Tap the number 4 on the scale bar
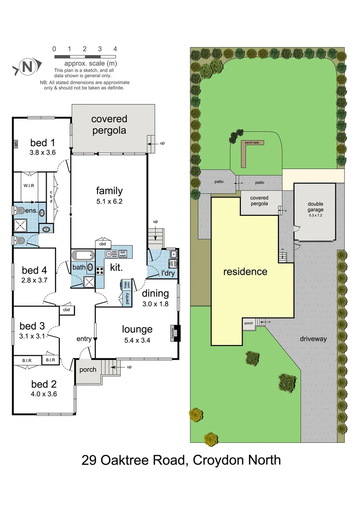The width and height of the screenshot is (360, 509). [x=115, y=49]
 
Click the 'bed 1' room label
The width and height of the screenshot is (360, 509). [x=43, y=142]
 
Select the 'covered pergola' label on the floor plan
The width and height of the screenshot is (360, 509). [x=109, y=125]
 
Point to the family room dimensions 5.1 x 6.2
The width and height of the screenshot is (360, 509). [x=109, y=201]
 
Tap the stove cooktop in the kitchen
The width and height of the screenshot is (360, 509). [x=100, y=271]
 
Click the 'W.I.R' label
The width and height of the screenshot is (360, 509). [x=29, y=186]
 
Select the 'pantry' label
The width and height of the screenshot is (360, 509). [x=126, y=298]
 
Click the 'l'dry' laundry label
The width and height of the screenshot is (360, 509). [x=168, y=273]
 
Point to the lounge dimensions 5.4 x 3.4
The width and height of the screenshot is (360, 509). [x=137, y=340]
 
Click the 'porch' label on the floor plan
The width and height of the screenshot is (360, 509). [x=87, y=369]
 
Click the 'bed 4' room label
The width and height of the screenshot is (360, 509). [x=34, y=271]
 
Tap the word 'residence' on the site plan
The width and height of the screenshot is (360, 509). [x=245, y=272]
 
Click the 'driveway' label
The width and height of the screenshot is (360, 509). [x=313, y=339]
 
